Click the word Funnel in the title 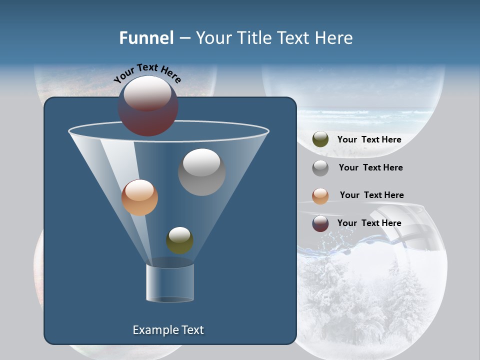(146, 37)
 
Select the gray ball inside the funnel (201, 172)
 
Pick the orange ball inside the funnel (139, 197)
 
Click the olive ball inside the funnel (179, 240)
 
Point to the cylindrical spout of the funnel (170, 282)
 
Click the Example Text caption (168, 330)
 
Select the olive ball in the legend (320, 139)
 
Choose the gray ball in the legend (320, 167)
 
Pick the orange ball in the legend (320, 195)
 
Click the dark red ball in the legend (320, 223)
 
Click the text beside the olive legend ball (369, 139)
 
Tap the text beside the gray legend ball (370, 167)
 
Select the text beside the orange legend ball (371, 195)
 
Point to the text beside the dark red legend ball (369, 223)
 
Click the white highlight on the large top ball (147, 93)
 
